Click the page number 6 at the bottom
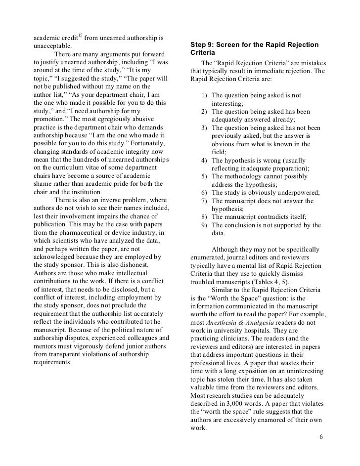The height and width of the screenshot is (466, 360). click(321, 437)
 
